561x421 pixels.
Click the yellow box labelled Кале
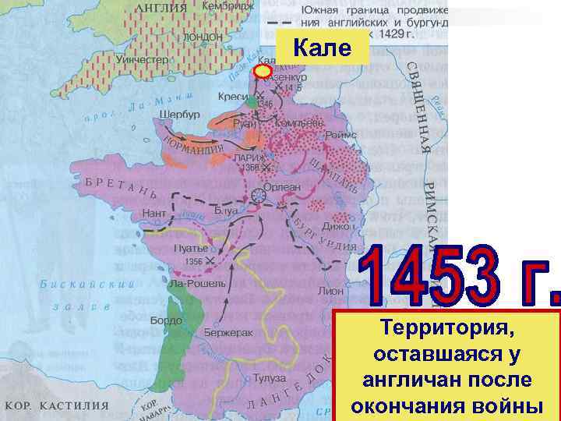coord(322,49)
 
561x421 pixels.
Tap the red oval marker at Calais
coord(263,71)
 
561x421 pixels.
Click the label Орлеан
coord(285,187)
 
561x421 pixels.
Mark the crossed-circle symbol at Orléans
coord(259,198)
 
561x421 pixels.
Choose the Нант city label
coord(153,212)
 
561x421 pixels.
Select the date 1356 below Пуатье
coord(199,261)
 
